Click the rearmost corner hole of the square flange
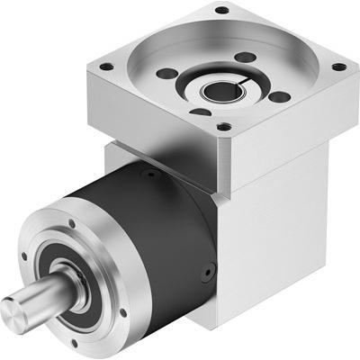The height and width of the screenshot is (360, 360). pyautogui.click(x=220, y=11)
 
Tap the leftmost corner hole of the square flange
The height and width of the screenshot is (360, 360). pyautogui.click(x=107, y=66)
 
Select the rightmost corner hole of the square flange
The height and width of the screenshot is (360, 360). pyautogui.click(x=337, y=67)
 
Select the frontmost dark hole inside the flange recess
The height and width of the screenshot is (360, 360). pyautogui.click(x=200, y=112)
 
